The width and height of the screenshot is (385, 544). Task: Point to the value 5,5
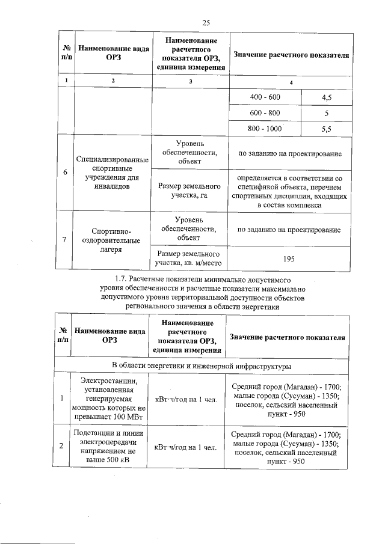coord(327,129)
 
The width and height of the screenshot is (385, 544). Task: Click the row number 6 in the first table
coord(65,173)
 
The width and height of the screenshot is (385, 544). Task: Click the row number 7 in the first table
coord(65,240)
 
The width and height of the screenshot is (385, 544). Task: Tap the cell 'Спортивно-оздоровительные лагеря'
coord(112,240)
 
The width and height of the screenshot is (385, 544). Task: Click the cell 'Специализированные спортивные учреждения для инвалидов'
coord(112,173)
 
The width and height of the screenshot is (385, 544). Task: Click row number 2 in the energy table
coord(62,447)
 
